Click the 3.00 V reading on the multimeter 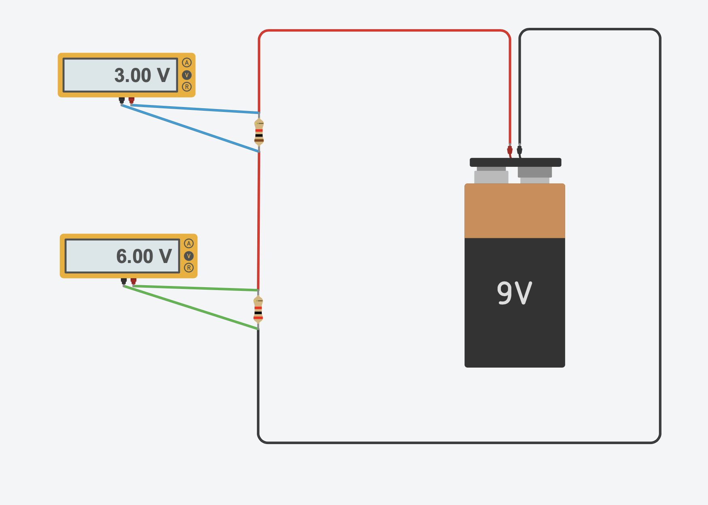pos(142,76)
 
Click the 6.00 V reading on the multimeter pos(144,257)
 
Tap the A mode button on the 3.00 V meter pos(187,63)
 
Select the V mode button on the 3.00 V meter pos(187,75)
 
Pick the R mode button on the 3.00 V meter pos(187,87)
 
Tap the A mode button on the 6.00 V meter pos(189,244)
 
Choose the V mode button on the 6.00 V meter pos(189,256)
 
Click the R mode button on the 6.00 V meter pos(189,267)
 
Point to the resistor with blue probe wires pos(259,132)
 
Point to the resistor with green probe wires pos(258,309)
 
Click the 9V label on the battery pos(514,293)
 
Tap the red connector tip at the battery pos(510,150)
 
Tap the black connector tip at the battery pos(519,150)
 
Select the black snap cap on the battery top pos(515,162)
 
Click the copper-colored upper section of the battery pos(515,211)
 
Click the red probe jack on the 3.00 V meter pos(131,100)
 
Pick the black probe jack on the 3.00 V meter pos(122,100)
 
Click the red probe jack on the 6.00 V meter pos(134,281)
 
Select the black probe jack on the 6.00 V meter pos(124,281)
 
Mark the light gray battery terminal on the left pos(491,177)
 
